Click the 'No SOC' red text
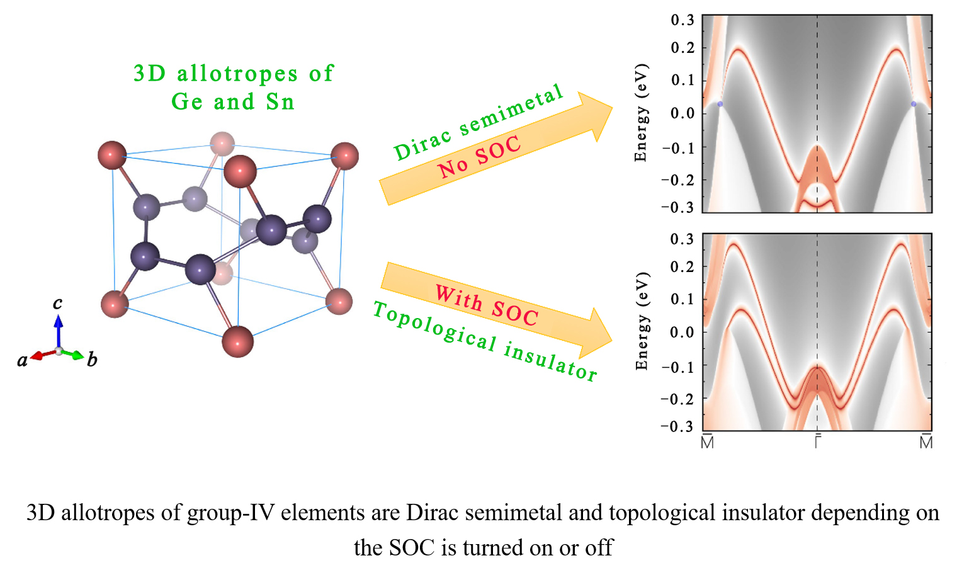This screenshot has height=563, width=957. (480, 157)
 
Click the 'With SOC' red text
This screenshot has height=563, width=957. (487, 305)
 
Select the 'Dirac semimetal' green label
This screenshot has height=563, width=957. (478, 122)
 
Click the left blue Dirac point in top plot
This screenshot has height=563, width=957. (720, 104)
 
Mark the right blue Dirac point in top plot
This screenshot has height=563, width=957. (914, 104)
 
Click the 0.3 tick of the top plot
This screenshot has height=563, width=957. (682, 20)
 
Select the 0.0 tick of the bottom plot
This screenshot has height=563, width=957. (682, 332)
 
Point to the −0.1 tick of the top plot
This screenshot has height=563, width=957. (679, 147)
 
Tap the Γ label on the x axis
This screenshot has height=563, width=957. (817, 441)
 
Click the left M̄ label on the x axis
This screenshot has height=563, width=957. (708, 441)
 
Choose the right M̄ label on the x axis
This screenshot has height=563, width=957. (926, 441)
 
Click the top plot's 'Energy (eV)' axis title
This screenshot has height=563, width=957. (641, 113)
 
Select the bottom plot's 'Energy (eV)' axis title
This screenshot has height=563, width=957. (642, 321)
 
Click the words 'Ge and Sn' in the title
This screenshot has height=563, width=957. (233, 101)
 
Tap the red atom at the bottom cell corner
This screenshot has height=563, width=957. (238, 341)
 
